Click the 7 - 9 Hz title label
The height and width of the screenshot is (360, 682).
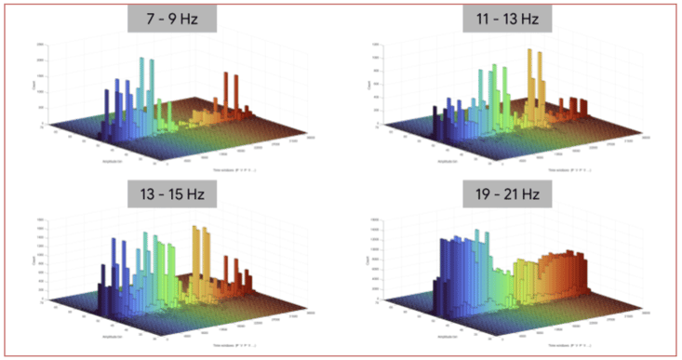tap(172, 20)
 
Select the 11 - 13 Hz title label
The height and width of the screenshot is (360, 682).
tap(507, 20)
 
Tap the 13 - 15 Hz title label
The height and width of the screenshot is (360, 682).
tap(172, 196)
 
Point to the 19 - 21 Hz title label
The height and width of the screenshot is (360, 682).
tap(507, 196)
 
